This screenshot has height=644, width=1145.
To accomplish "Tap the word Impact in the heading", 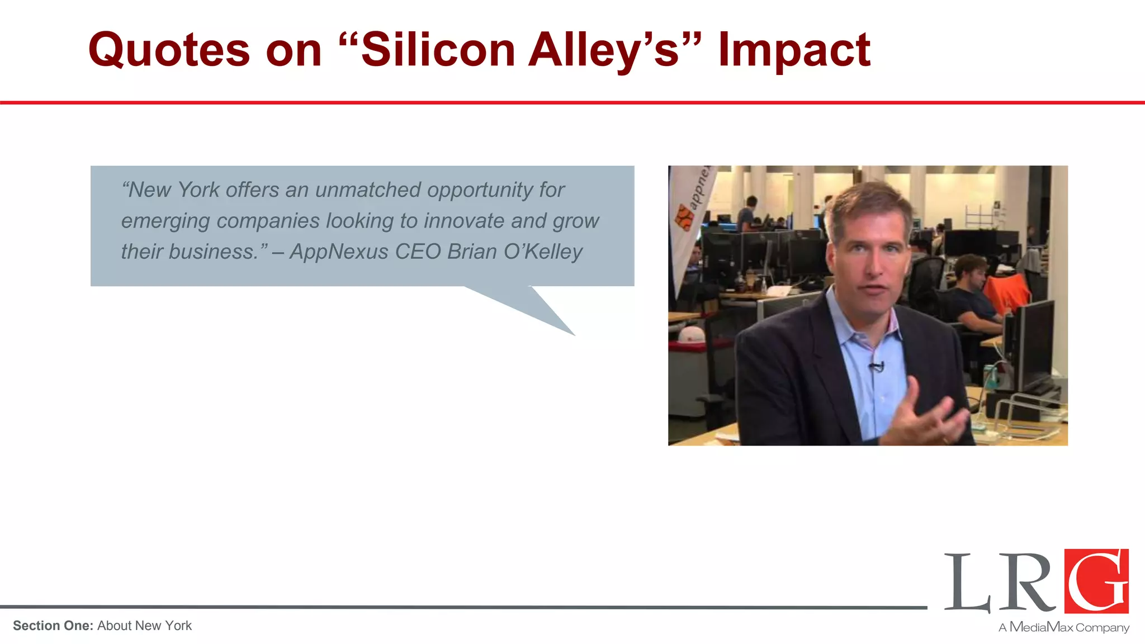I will point(794,50).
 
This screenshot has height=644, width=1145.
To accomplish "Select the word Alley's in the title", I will point(604,50).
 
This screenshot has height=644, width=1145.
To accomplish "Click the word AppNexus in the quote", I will point(339,252).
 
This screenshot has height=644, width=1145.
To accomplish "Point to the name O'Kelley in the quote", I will point(543,252).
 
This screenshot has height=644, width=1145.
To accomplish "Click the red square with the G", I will point(1096,581).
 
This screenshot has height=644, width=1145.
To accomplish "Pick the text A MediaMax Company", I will point(1064,627).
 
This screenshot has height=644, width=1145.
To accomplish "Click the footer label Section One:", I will point(53,626).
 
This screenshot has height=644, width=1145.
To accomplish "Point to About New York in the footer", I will point(144,626).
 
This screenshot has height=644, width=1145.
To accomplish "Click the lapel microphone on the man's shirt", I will point(876,367).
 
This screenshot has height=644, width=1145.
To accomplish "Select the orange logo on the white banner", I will point(684,217).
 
